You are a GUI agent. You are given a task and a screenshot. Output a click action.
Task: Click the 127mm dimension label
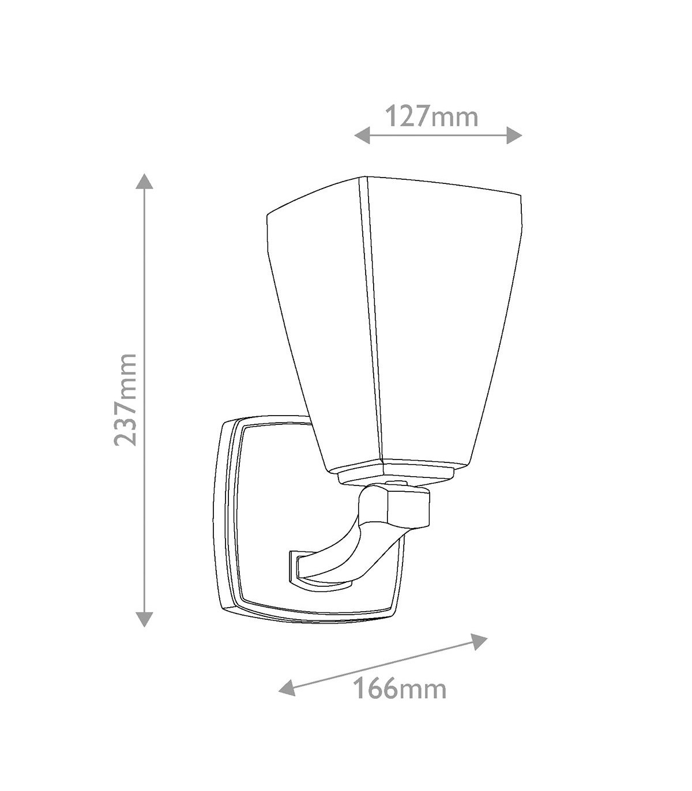(x=432, y=116)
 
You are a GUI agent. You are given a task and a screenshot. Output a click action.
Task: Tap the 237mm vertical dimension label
(x=126, y=400)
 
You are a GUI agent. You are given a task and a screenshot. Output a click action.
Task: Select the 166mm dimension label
(x=401, y=688)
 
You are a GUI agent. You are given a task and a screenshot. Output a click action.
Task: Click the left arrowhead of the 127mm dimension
(x=362, y=135)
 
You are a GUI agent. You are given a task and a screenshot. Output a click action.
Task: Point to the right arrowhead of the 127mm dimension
(x=514, y=135)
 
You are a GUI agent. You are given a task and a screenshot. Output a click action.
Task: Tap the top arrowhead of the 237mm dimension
(x=144, y=182)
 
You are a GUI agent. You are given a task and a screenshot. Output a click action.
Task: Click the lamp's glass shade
(x=394, y=329)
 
